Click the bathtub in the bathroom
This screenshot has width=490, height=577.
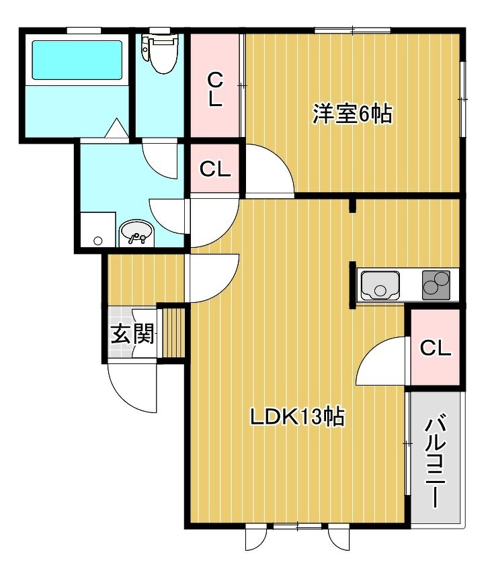(x=77, y=60)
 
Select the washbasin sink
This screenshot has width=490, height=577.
(x=136, y=232)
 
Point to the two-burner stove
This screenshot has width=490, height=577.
(x=436, y=285)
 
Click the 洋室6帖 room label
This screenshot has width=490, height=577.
(x=352, y=114)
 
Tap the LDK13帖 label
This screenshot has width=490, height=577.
(x=298, y=417)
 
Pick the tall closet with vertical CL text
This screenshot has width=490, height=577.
(x=215, y=87)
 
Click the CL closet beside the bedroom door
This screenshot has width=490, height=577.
(x=215, y=169)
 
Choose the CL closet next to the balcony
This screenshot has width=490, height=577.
(x=436, y=347)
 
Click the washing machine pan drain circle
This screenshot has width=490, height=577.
(x=98, y=240)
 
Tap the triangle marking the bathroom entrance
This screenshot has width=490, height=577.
(x=116, y=128)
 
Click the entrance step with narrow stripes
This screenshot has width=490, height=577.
(x=173, y=332)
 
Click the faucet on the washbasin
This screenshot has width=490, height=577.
(x=136, y=238)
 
